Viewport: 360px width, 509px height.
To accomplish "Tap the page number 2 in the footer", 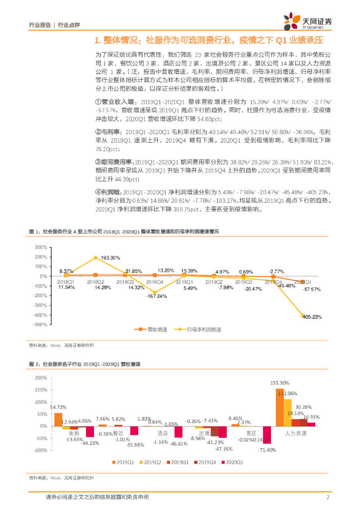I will [328, 497].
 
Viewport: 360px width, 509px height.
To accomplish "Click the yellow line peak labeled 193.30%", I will [95, 257].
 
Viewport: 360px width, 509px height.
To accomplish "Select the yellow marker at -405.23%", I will [303, 315].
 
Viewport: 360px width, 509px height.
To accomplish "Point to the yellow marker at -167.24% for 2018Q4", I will [154, 292].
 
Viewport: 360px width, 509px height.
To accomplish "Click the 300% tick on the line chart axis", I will [40, 247].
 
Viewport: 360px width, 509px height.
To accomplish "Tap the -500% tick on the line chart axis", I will [39, 325].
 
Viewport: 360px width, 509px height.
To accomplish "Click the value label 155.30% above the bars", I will [279, 383].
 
